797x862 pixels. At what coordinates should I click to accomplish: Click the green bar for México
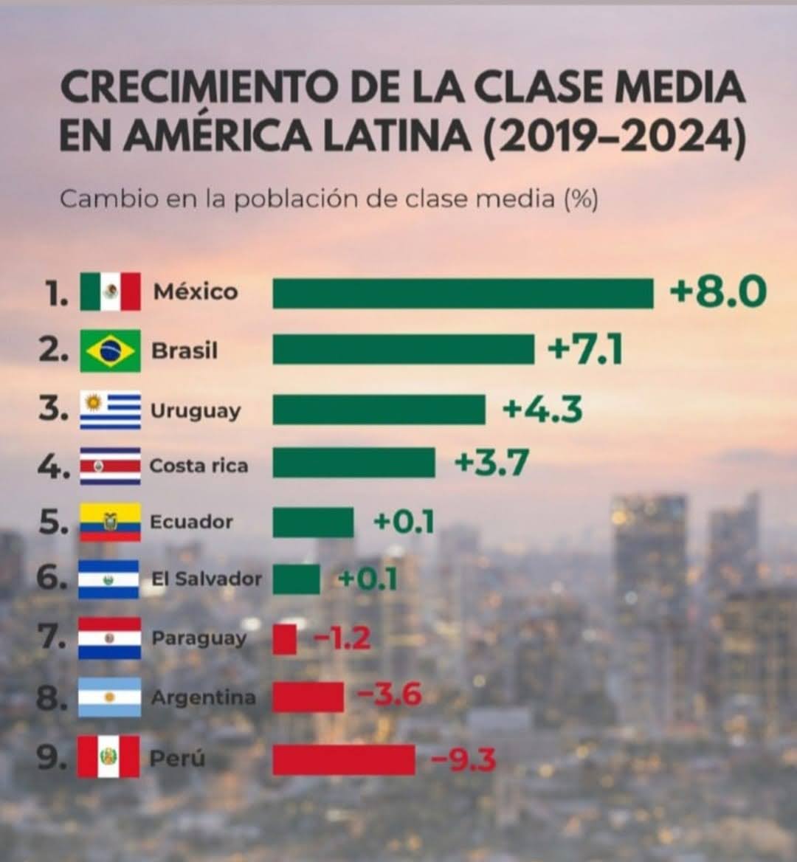(x=463, y=293)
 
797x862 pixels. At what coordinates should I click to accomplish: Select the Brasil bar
(x=403, y=349)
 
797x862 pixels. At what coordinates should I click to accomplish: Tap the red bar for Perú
(x=343, y=759)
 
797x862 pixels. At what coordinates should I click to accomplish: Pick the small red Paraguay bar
(x=284, y=639)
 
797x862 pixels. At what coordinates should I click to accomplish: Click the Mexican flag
(x=110, y=292)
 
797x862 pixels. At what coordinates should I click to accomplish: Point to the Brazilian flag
(x=110, y=351)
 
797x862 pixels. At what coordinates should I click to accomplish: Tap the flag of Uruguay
(x=110, y=410)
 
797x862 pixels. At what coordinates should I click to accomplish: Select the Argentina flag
(x=110, y=697)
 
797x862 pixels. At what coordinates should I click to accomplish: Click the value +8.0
(x=717, y=292)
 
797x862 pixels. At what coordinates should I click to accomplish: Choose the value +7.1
(x=584, y=349)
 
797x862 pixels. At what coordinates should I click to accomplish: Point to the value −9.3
(x=463, y=759)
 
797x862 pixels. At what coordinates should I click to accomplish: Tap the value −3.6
(x=389, y=695)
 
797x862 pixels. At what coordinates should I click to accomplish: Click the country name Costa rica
(x=199, y=466)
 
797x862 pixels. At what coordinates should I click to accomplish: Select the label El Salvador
(x=206, y=578)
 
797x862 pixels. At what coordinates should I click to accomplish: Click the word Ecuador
(x=191, y=522)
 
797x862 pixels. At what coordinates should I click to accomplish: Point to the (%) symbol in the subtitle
(x=581, y=199)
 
